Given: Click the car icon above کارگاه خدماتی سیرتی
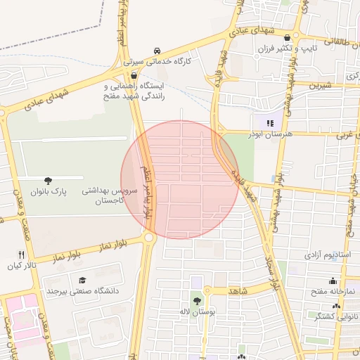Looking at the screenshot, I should [157, 51].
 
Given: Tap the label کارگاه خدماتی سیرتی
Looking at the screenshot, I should [173, 61].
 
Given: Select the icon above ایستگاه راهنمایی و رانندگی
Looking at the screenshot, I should [134, 74].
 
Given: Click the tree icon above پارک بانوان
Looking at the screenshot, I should [48, 181].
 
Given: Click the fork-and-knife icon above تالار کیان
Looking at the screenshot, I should [20, 255].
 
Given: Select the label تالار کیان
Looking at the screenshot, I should [20, 266].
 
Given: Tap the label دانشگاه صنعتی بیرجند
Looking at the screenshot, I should [82, 290].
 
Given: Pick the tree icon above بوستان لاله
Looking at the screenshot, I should [196, 300].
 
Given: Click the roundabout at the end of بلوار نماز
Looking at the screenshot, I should [149, 238].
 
